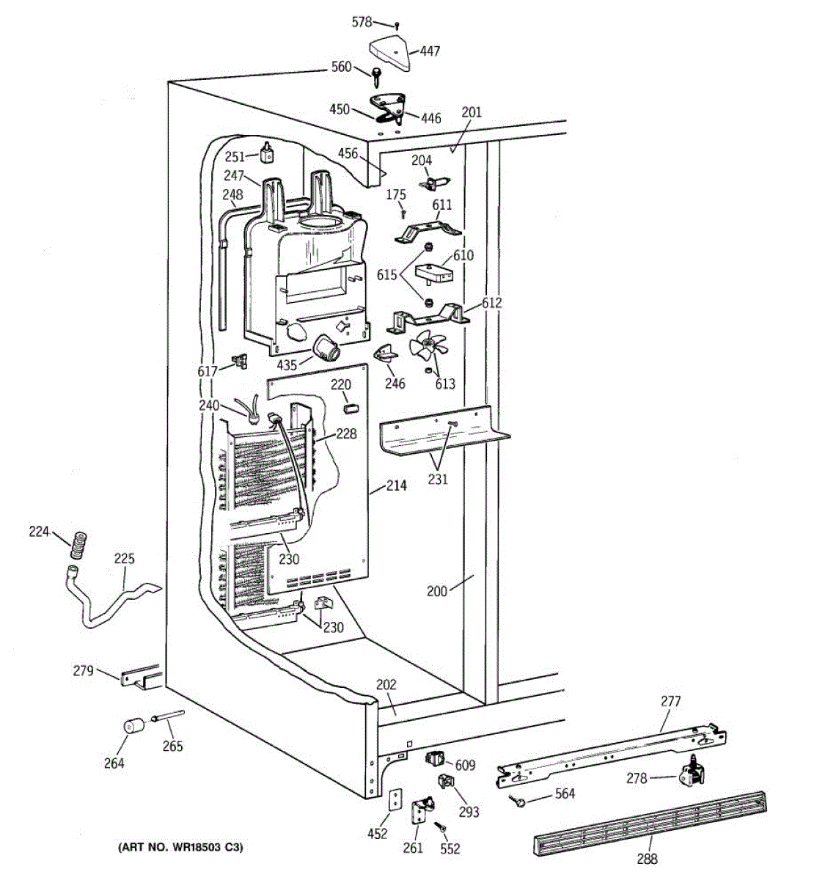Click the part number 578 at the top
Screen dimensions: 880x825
(x=362, y=22)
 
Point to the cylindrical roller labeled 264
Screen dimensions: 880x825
(x=133, y=727)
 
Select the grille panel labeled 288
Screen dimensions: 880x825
(x=649, y=823)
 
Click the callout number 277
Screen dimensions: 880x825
(x=670, y=701)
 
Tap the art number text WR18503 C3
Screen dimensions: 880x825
(x=180, y=848)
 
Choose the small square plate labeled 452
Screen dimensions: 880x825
(x=395, y=799)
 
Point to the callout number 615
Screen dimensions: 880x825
(x=387, y=275)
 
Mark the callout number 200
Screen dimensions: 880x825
(x=436, y=591)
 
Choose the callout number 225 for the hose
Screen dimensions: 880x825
(x=124, y=559)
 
